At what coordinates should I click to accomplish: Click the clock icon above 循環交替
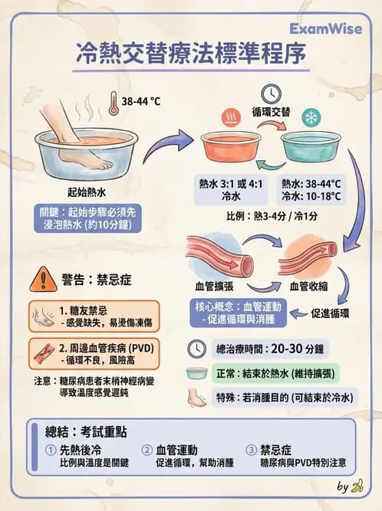270,92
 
